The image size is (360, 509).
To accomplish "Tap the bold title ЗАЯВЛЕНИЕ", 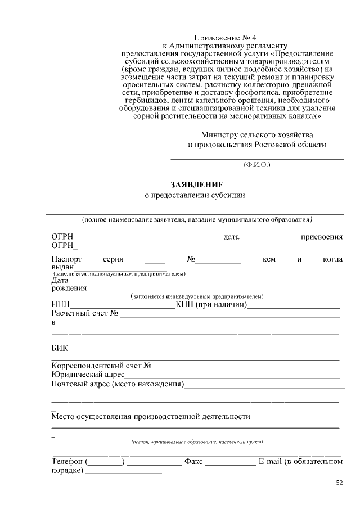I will (197, 184).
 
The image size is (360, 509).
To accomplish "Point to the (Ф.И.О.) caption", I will (257, 165).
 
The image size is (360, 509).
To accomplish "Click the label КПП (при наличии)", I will (211, 305).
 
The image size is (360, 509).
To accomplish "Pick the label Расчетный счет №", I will (84, 313).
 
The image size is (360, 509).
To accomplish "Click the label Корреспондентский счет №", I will (101, 366).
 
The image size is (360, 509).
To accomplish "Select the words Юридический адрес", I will (88, 375).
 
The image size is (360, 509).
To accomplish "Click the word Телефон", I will (67, 462).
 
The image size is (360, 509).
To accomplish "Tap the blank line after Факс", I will (230, 463).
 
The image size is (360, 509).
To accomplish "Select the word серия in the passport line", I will (113, 259).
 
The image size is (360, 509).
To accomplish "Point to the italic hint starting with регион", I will (197, 442).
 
